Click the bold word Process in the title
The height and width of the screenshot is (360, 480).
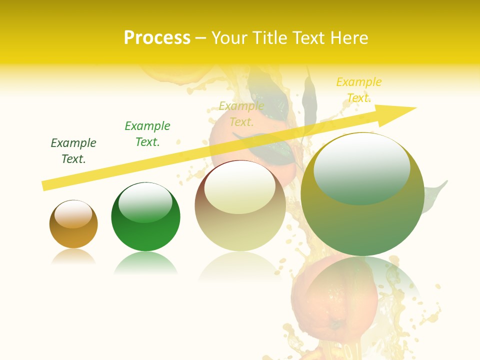157,38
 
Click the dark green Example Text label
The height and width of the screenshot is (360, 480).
73,151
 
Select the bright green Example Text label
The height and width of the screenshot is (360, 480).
147,134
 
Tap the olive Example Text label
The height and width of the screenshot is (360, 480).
241,114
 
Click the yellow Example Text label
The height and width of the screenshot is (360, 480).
359,90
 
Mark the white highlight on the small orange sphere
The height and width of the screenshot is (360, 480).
73,214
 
